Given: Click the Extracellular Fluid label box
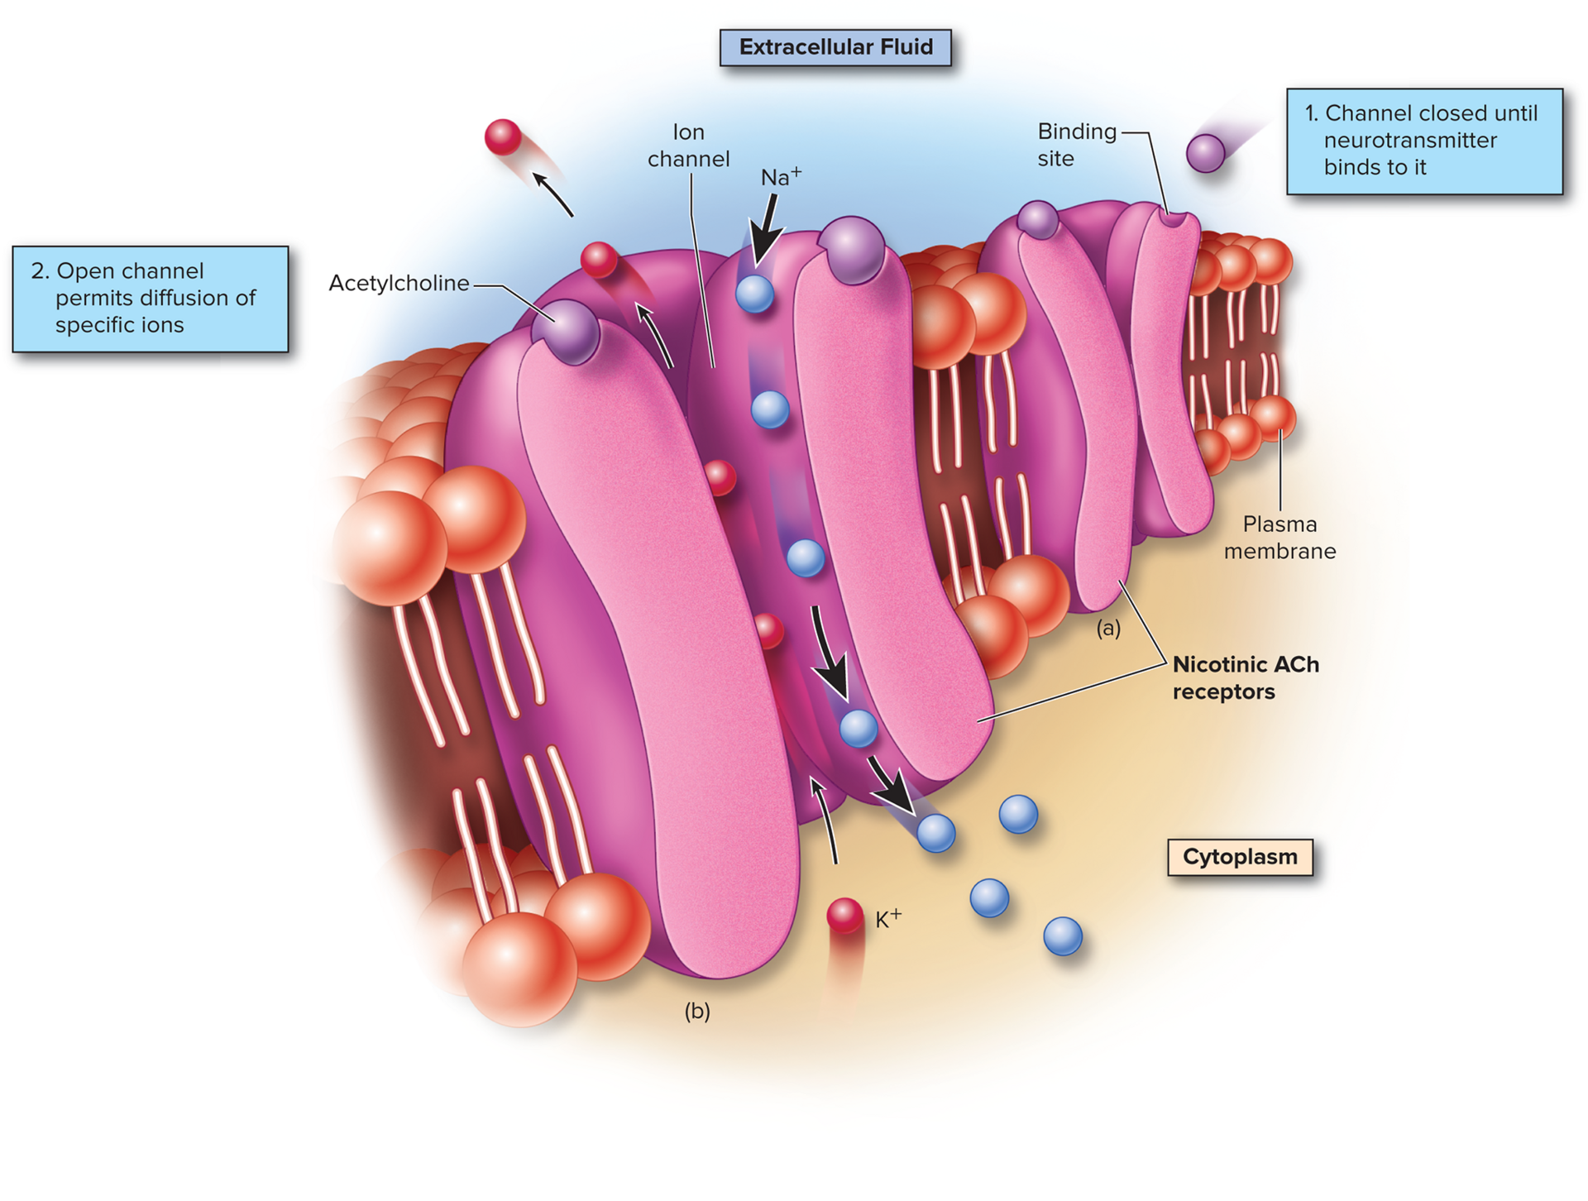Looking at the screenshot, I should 835,47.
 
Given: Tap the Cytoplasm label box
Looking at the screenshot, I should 1239,857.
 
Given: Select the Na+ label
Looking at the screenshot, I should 780,176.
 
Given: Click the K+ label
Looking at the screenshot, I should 888,918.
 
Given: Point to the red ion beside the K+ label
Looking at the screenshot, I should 844,915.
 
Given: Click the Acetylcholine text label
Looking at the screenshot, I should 399,283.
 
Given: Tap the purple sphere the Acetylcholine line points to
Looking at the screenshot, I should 565,331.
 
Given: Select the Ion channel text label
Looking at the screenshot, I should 688,146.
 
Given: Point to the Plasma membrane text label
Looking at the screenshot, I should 1279,538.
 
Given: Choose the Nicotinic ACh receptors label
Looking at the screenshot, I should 1245,677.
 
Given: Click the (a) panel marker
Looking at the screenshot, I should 1108,629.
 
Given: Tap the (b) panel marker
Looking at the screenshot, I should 697,1011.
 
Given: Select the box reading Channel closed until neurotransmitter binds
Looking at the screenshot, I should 1424,141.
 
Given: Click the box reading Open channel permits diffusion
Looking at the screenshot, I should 151,299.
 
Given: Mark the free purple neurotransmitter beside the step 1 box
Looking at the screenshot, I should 1205,153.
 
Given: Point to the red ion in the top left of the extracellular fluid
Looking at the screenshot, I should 503,137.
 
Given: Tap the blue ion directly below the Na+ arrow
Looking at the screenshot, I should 754,294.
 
